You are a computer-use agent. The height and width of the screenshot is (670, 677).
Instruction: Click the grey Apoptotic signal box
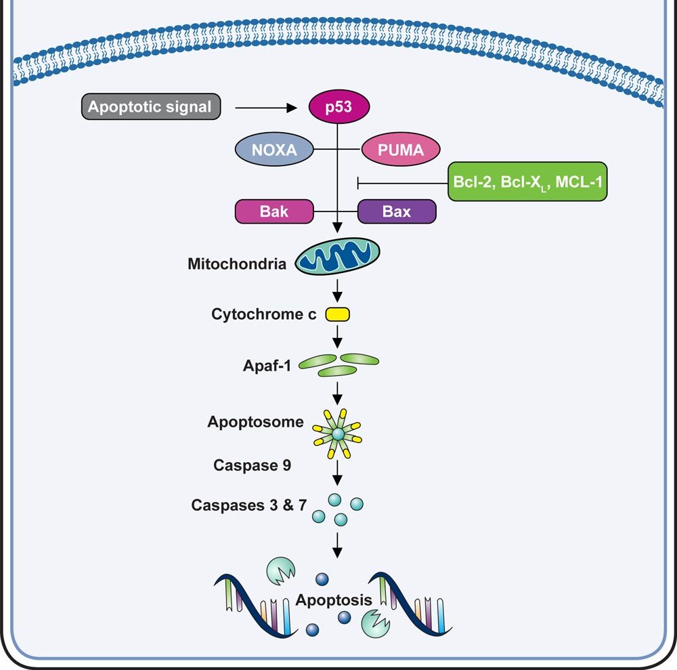coord(150,107)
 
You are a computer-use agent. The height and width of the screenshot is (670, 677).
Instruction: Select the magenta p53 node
coord(337,107)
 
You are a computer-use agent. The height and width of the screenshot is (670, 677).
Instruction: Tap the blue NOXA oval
coord(274,150)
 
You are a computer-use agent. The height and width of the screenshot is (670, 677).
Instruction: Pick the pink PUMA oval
coord(400,150)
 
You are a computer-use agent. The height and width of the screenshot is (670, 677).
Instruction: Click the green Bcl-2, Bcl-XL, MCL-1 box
coord(527,182)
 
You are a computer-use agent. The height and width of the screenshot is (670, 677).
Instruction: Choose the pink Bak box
coord(274,211)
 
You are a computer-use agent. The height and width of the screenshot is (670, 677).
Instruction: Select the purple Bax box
coord(396,211)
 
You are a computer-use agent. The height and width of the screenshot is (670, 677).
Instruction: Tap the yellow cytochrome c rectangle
coord(337,314)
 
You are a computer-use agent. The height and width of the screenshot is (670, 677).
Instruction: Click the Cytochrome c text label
coord(263,314)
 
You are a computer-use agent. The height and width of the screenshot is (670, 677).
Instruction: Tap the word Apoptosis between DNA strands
coord(334,600)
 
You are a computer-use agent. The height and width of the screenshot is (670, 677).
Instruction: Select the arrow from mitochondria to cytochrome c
coord(337,292)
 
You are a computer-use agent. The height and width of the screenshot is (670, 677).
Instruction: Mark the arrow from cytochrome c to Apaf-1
coord(337,336)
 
